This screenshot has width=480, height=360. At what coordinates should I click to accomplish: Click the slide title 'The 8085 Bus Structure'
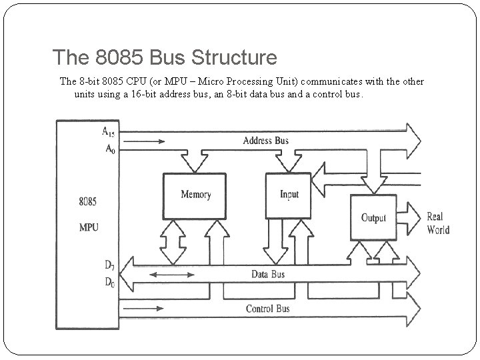[164, 58]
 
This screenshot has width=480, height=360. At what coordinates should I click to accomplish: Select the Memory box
[195, 195]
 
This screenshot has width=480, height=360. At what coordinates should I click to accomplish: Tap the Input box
[289, 195]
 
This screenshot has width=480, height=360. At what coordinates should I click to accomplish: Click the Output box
[374, 218]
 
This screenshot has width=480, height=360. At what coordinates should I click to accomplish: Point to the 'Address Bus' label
[265, 141]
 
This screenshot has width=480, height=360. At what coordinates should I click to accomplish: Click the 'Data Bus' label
[268, 275]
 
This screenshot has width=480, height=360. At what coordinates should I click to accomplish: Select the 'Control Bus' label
[268, 309]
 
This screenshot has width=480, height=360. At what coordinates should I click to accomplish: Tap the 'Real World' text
[438, 223]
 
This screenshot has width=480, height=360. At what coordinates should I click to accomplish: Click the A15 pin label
[109, 132]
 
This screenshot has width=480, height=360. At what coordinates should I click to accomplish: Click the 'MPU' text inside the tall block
[89, 227]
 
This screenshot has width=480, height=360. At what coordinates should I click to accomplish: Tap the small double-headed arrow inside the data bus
[163, 275]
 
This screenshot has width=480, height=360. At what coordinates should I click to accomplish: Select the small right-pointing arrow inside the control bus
[149, 309]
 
